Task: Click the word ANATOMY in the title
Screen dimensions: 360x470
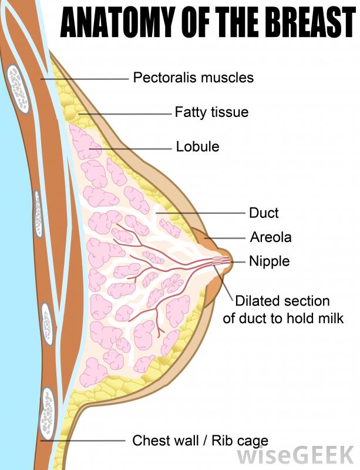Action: coord(118,22)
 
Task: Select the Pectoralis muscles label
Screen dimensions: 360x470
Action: coord(193,78)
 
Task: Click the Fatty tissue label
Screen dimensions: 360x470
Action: coord(211,112)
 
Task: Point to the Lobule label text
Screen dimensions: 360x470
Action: coord(197,146)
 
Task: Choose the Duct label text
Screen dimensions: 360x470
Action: coord(264,213)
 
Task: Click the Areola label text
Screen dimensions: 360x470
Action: coord(271,237)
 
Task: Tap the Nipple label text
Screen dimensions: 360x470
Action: coord(270,261)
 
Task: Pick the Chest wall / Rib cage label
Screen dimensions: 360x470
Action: coord(200,441)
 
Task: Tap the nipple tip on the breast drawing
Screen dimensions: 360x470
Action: coord(231,262)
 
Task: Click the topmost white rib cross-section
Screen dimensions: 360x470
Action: coord(18,89)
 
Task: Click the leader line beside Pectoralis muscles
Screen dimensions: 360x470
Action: coord(85,79)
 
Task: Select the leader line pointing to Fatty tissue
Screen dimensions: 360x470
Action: coord(125,114)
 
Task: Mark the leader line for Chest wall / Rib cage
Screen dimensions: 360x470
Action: coord(83,441)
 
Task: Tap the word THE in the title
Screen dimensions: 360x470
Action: coord(235,22)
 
